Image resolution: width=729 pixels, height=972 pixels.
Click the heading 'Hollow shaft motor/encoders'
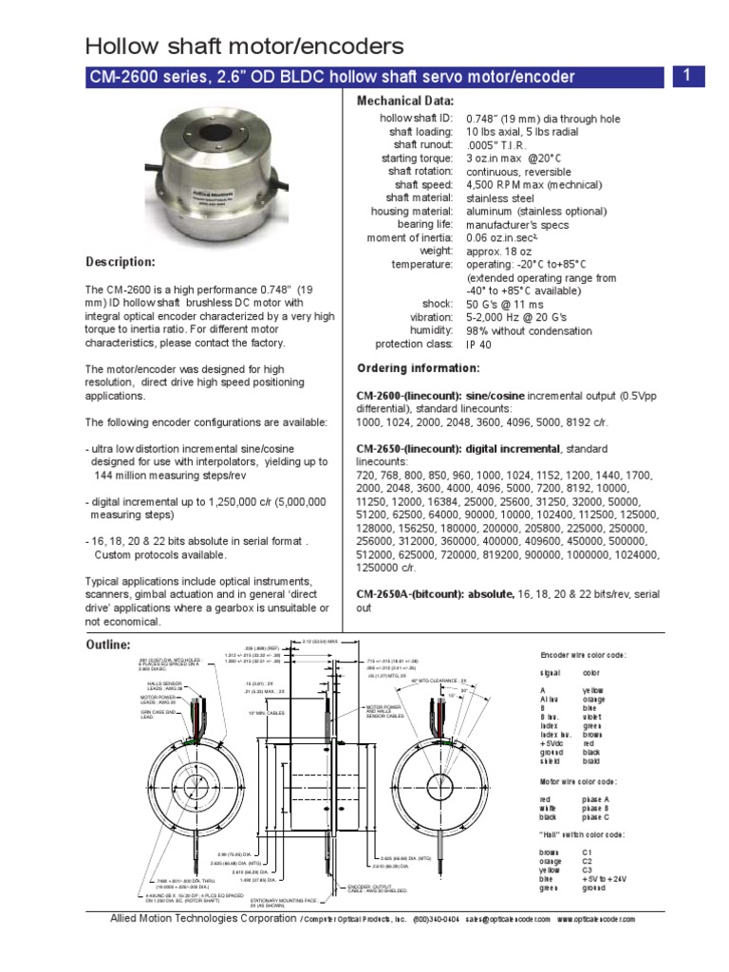point(245,46)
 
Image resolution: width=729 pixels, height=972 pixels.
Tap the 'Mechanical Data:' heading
point(405,101)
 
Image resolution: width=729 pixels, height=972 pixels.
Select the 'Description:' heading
point(121,262)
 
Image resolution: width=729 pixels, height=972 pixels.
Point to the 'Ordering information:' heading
point(418,368)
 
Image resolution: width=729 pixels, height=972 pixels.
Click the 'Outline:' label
point(108,645)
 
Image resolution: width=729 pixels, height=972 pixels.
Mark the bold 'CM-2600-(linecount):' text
point(408,394)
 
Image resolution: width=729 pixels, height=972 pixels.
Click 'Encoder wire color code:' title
point(583,656)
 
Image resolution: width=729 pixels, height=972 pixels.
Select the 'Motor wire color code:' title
point(578,781)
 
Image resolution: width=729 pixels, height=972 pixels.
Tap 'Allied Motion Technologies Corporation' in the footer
point(203,919)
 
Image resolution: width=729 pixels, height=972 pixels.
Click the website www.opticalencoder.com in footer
point(595,920)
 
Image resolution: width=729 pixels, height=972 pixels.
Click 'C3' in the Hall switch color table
point(588,869)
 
